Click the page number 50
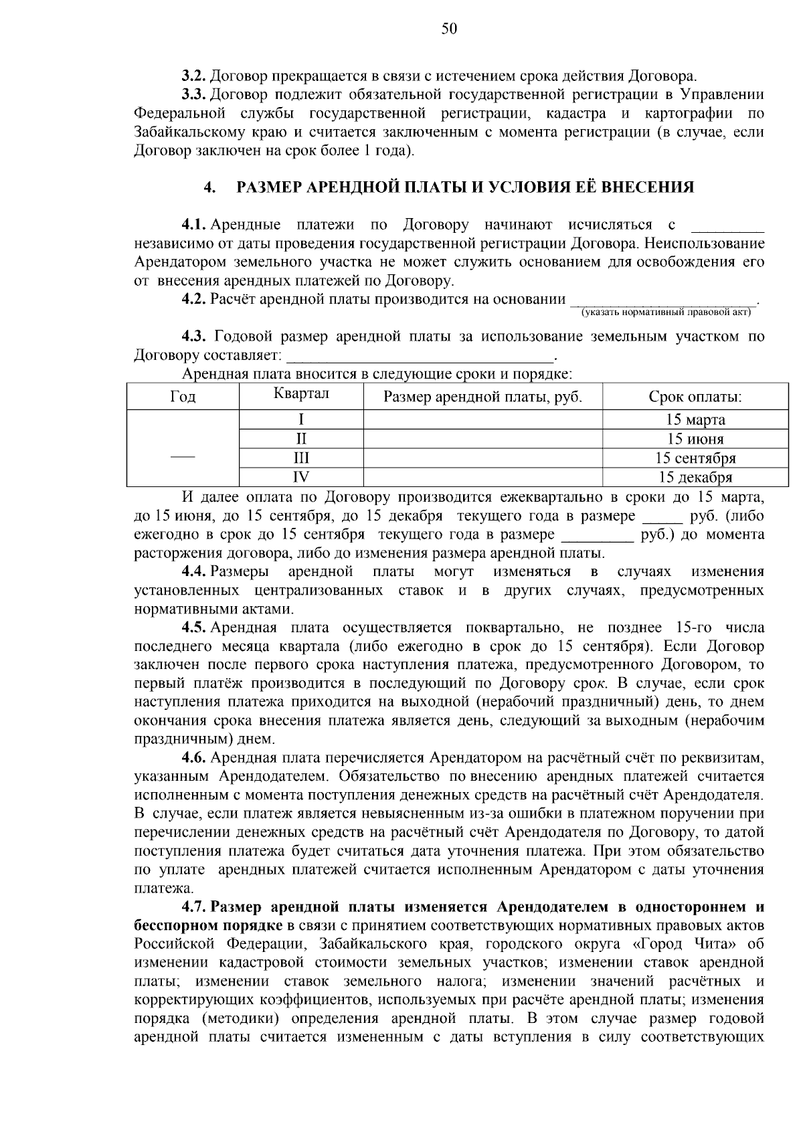coord(449,28)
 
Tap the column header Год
coord(183,397)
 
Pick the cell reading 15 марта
coord(695,420)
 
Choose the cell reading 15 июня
coord(695,440)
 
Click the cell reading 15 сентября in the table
coord(695,458)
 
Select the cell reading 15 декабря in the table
coord(695,478)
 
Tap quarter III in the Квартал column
coord(301,458)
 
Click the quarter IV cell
coord(301,478)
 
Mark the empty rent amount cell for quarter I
coord(482,420)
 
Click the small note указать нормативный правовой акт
coord(665,312)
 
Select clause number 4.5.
coord(195,628)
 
